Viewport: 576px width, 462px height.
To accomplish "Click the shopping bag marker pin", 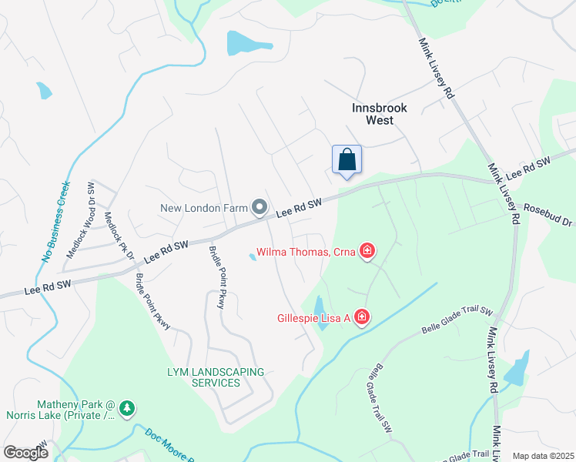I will click(347, 161).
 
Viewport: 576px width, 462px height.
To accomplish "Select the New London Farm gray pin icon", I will click(260, 208).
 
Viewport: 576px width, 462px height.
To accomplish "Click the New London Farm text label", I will click(204, 208).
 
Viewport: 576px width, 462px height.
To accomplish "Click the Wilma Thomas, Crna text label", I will click(305, 252).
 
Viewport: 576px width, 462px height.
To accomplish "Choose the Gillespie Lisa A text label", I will click(314, 317).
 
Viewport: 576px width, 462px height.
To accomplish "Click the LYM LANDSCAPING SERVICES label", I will click(216, 377).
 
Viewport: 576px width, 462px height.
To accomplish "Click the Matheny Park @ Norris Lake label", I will click(76, 410).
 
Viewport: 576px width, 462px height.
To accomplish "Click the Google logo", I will click(25, 452).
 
